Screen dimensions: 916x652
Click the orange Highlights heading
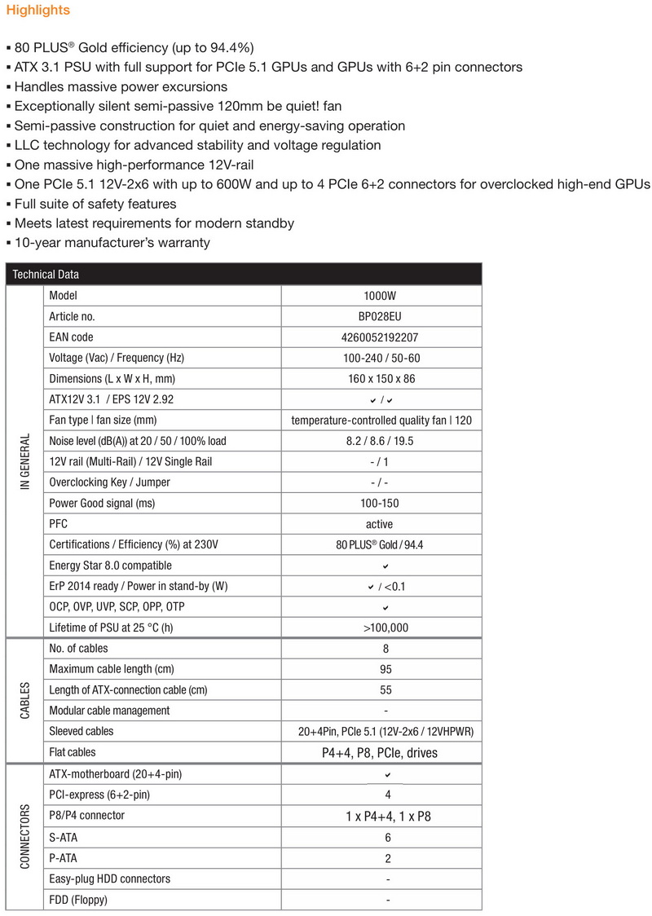(x=38, y=11)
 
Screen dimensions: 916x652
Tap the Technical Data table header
(x=46, y=275)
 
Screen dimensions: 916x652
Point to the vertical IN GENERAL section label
(x=24, y=461)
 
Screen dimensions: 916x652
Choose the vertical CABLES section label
(x=24, y=700)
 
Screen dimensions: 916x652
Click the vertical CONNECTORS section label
(x=24, y=837)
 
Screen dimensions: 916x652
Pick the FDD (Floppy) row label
(x=78, y=900)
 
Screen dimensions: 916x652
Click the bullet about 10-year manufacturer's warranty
(x=111, y=242)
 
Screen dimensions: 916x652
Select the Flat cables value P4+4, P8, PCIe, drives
(x=380, y=752)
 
